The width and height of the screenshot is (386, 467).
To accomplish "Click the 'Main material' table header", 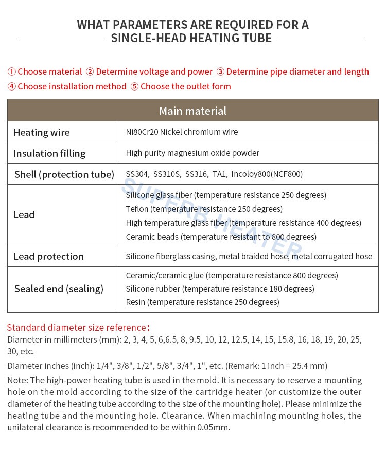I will [x=192, y=111].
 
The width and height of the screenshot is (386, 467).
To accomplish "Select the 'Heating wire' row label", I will [x=41, y=132].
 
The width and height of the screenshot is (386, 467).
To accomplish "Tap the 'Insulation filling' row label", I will [x=49, y=153].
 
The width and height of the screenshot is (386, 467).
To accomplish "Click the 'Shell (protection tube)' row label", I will [x=64, y=174].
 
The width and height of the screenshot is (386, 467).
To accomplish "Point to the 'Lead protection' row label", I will [x=48, y=256].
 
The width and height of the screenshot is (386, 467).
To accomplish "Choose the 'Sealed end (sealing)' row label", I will [x=59, y=289].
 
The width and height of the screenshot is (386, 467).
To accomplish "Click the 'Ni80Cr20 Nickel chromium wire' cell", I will [x=182, y=132].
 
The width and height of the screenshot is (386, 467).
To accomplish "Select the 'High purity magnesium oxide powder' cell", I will [x=192, y=153].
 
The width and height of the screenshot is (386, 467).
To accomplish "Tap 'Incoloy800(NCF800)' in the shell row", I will [x=267, y=174].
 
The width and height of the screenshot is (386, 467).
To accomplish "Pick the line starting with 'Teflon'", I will [x=204, y=209].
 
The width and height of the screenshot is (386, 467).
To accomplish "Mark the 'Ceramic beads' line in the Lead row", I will [x=221, y=237].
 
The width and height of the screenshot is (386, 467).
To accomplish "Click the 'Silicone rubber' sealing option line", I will [x=220, y=289].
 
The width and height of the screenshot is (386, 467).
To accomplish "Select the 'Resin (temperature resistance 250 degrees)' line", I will [x=202, y=302].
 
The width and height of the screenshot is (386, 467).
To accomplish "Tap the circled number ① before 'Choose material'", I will [x=11, y=71].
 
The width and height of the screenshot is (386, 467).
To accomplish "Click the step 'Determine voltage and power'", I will [x=154, y=71].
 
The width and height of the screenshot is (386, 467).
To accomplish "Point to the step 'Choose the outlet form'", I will [x=185, y=86].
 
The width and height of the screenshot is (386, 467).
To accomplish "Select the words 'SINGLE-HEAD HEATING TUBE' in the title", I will [x=191, y=38].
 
